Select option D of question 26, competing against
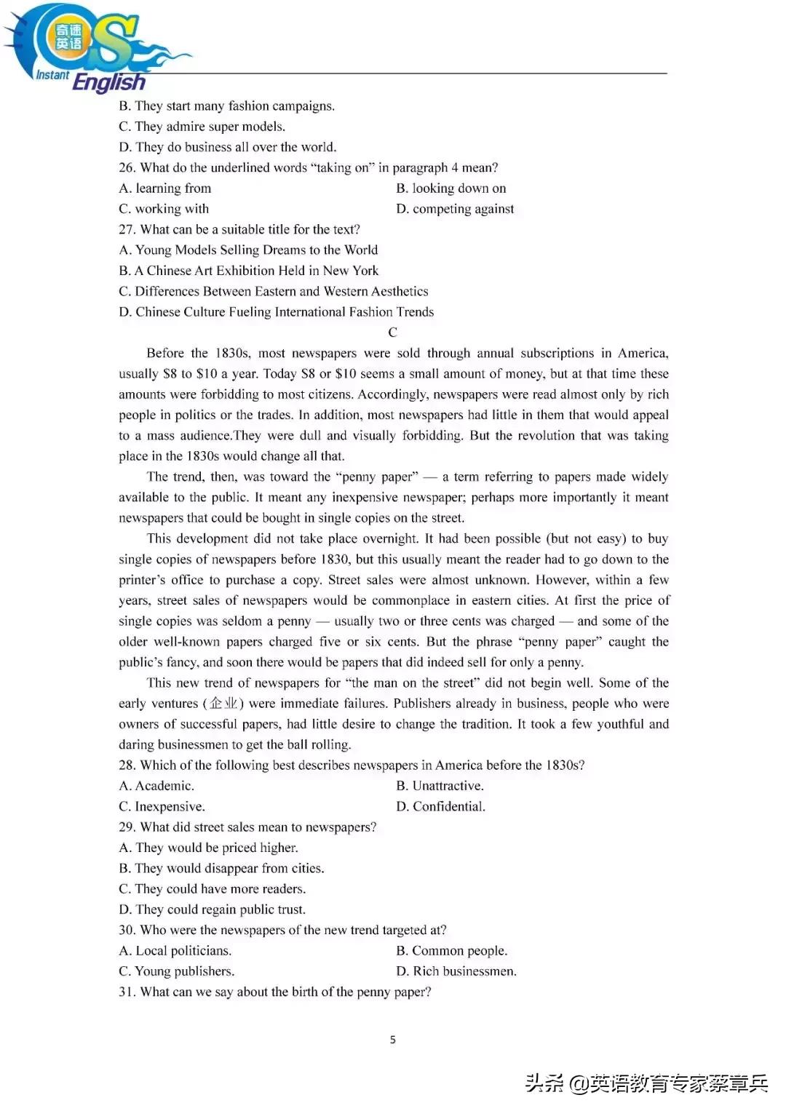click(455, 209)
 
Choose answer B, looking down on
click(451, 188)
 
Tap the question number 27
click(127, 230)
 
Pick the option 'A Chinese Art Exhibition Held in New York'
click(249, 271)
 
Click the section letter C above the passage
click(393, 332)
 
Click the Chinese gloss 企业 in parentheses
click(223, 704)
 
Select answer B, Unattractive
click(440, 786)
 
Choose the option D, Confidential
click(440, 806)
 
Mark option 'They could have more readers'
click(212, 889)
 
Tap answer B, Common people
click(451, 951)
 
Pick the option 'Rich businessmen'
click(456, 971)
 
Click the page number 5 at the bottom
click(393, 1040)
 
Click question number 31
click(127, 992)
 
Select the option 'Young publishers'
click(176, 971)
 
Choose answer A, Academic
click(156, 786)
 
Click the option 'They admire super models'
click(202, 127)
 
